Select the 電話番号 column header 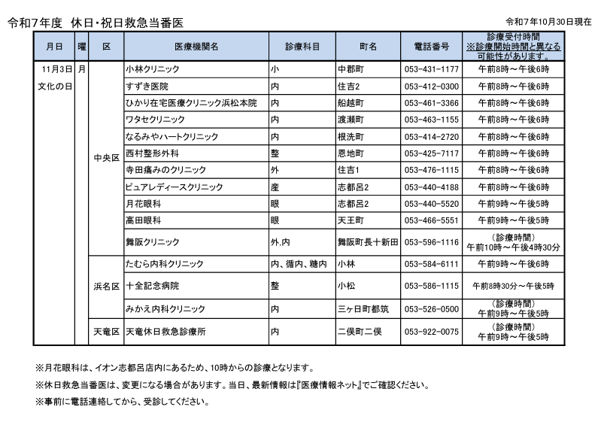coord(432,47)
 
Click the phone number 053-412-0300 coord(432,86)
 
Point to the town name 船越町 coord(351,103)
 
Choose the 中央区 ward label coord(106,159)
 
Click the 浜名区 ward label coord(106,287)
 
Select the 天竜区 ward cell coord(106,332)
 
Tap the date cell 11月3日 coord(54,69)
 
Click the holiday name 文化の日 coord(54,87)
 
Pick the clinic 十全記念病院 coord(153,287)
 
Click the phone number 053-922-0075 coord(432,332)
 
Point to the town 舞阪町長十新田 coord(367,242)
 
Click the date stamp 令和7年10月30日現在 coord(549,22)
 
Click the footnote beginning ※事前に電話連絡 coord(121,402)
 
